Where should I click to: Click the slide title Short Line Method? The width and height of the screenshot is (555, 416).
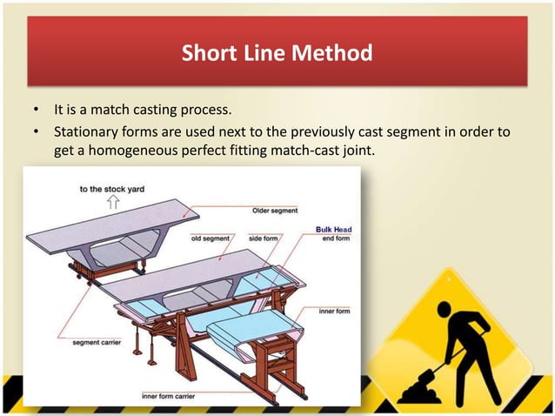pos(277,53)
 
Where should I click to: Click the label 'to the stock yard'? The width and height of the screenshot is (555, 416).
pos(112,189)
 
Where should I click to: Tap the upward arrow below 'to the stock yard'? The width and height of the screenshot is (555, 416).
pos(113,203)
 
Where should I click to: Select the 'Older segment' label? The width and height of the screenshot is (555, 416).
pos(275,211)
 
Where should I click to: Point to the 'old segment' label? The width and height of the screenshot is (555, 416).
pos(211,238)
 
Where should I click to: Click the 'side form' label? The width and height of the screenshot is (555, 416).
pos(264,238)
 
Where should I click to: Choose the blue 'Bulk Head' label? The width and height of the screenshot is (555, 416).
pos(334,230)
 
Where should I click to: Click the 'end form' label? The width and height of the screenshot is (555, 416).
pos(336,238)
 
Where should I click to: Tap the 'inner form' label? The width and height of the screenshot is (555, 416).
pos(335,312)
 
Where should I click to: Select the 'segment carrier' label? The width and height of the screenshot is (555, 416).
pos(97,342)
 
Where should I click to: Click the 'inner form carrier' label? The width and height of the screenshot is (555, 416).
pos(169,396)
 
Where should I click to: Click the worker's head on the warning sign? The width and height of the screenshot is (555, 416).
pos(445,309)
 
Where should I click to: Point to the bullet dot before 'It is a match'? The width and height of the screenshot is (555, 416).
pos(36,109)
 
